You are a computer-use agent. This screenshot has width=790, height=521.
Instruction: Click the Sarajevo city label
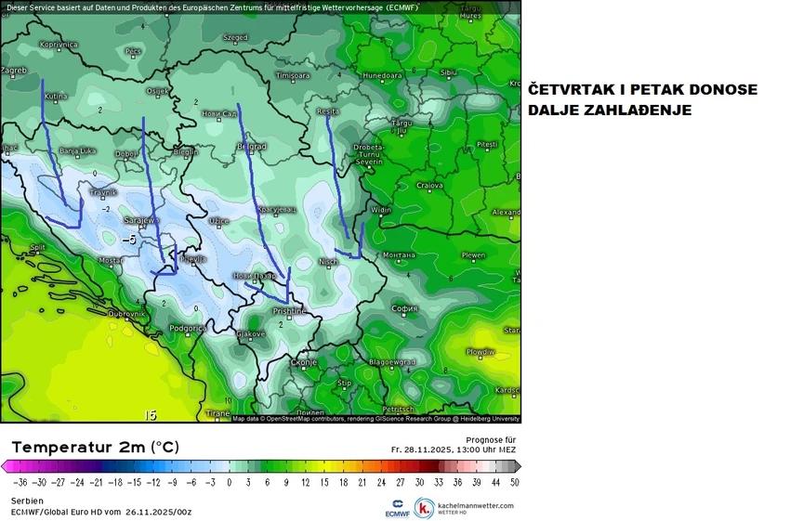[138, 220]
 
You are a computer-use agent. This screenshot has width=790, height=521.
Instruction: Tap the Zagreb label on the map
[13, 70]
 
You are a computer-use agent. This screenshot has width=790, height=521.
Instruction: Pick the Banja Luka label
[77, 150]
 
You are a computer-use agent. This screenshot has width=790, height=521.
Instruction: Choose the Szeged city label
[235, 38]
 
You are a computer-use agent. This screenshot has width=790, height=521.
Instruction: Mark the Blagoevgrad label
[391, 361]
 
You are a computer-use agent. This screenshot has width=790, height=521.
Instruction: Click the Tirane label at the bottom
[217, 412]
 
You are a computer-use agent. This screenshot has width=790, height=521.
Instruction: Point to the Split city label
[38, 247]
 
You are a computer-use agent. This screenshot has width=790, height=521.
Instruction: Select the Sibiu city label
[449, 72]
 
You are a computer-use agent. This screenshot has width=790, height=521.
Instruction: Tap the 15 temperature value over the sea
[151, 415]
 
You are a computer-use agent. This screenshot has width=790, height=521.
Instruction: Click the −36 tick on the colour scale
[20, 483]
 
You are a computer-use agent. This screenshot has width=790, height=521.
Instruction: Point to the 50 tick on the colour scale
[514, 483]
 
